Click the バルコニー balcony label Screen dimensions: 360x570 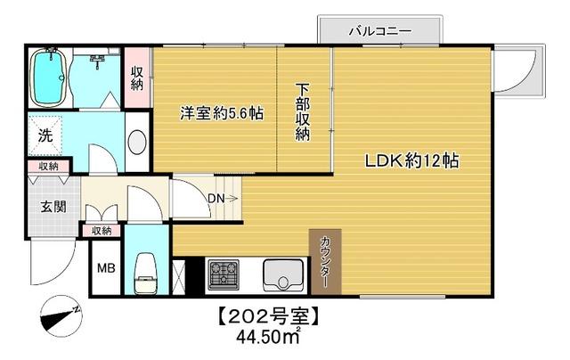(x=381, y=31)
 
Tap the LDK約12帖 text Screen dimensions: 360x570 (x=410, y=162)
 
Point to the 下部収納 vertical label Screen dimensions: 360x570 (x=303, y=113)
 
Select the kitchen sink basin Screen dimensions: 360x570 (x=285, y=275)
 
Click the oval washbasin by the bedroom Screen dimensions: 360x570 (x=137, y=143)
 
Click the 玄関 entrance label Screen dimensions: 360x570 (x=53, y=208)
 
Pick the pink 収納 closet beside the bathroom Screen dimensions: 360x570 (x=137, y=78)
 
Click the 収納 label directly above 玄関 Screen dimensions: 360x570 (x=48, y=167)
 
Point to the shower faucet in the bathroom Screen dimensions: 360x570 (x=98, y=60)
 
